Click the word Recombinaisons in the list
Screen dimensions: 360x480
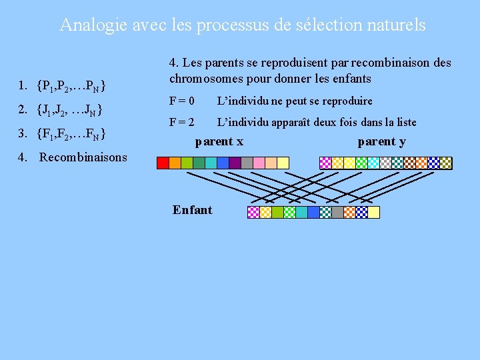83,157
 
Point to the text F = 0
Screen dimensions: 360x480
181,101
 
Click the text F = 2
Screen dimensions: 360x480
181,122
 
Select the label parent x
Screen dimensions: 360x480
219,141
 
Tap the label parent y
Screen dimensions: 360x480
381,141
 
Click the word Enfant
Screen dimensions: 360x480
192,210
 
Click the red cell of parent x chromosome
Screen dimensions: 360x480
163,162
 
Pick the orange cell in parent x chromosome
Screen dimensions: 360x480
175,162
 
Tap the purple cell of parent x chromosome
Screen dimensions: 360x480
235,162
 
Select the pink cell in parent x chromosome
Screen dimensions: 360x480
271,162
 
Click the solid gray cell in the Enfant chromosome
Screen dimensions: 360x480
337,212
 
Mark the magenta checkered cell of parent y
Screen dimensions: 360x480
326,162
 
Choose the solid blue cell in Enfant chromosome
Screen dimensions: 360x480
313,212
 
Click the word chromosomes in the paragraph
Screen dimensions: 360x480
207,79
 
